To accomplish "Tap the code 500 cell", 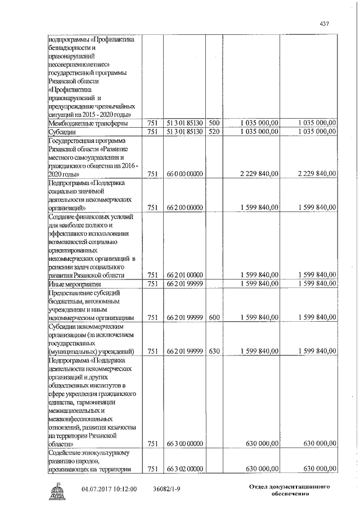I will tap(214, 123).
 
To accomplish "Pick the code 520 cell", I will tap(214, 132).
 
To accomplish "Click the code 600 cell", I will tap(214, 317).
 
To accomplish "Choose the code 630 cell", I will tap(214, 351).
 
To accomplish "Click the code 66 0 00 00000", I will tap(184, 174).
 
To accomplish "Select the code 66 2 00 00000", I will tap(184, 208).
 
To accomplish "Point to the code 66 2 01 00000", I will tap(184, 275).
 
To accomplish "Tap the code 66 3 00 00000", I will tap(184, 444).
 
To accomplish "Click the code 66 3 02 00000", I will tap(184, 469).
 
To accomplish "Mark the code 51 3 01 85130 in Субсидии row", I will tap(184, 132).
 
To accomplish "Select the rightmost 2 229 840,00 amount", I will tap(312, 174).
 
